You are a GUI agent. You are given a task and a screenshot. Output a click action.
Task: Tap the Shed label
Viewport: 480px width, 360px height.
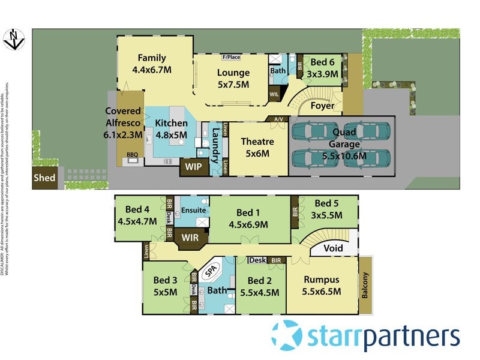(x=44, y=178)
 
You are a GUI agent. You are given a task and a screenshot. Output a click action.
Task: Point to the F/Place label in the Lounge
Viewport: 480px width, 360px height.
(x=231, y=58)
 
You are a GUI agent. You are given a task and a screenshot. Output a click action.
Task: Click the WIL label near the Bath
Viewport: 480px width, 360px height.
(x=274, y=94)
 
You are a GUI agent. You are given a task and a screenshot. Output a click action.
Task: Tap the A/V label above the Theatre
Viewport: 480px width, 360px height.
(x=278, y=119)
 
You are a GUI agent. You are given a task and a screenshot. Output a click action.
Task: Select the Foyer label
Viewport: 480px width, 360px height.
(x=323, y=106)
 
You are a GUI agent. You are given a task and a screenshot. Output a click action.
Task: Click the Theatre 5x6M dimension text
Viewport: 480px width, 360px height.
(x=257, y=154)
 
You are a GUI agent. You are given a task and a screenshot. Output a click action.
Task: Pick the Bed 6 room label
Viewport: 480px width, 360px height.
(x=323, y=62)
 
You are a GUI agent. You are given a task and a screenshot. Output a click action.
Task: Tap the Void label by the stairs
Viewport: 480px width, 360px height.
(x=334, y=248)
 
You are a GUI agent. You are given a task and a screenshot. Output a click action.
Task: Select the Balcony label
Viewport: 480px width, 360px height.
(x=366, y=286)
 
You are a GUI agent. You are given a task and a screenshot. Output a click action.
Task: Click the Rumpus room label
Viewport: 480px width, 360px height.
(x=322, y=280)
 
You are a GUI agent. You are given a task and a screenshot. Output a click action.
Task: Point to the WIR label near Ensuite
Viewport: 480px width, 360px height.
(x=190, y=238)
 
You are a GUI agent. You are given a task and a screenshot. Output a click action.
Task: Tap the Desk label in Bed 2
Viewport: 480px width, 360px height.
(x=257, y=260)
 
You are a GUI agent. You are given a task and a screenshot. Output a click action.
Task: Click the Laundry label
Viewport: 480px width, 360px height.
(x=214, y=148)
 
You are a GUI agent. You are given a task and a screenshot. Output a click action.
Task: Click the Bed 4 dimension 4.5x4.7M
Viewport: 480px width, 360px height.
(x=137, y=221)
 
